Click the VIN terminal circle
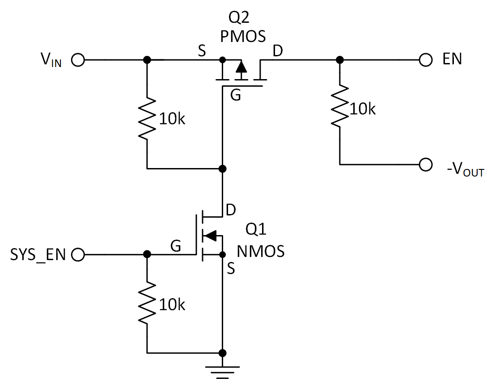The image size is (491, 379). coord(78,60)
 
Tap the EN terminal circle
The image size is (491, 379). coord(426,60)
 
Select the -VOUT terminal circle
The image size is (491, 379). coord(426,164)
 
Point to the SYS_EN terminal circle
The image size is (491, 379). coord(78,255)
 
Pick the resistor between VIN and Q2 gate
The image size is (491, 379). coord(147,118)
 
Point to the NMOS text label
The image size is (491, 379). coord(261,252)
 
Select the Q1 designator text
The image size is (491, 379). coord(256,231)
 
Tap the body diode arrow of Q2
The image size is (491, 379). coord(241,67)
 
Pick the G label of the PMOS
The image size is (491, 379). coord(235,95)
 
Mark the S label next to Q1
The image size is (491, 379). coord(231,269)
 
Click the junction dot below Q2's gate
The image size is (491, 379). coord(222,168)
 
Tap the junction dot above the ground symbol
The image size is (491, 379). coord(222,353)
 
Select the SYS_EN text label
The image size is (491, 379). coord(38,255)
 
